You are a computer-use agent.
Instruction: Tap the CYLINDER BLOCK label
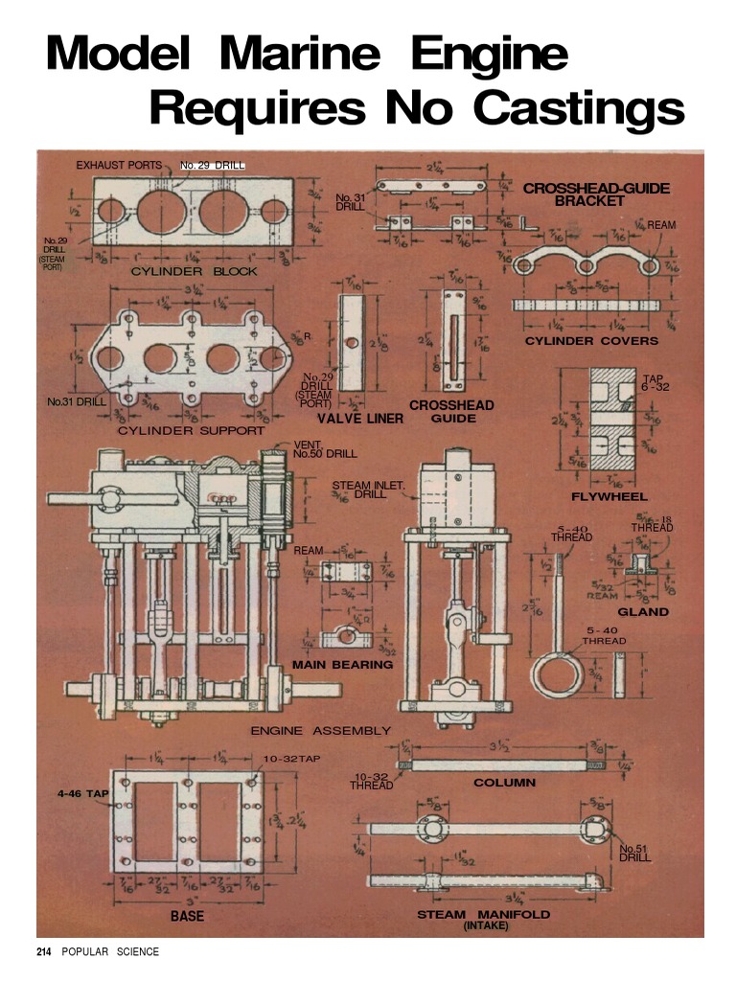[194, 272]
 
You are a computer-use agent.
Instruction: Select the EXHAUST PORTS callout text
[119, 166]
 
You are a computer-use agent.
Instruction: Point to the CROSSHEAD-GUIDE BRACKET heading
[596, 194]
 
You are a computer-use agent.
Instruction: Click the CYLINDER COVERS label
[591, 341]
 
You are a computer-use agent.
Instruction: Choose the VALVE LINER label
[360, 419]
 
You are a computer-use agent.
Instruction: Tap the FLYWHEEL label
[609, 497]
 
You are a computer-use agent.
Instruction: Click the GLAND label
[643, 611]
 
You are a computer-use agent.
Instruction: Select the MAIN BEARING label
[342, 664]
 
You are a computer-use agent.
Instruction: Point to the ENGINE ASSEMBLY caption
[320, 731]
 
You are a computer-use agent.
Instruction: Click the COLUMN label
[504, 783]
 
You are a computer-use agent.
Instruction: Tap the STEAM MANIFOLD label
[484, 915]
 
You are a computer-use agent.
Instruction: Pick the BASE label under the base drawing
[187, 917]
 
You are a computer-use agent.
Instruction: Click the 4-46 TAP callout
[83, 793]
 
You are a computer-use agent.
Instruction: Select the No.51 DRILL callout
[634, 853]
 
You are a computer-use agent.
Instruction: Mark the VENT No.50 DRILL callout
[324, 449]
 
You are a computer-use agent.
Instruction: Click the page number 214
[44, 951]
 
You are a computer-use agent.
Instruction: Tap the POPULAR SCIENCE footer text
[110, 951]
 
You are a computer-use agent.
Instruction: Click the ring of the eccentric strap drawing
[557, 673]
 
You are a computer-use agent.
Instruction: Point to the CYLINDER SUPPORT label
[191, 431]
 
